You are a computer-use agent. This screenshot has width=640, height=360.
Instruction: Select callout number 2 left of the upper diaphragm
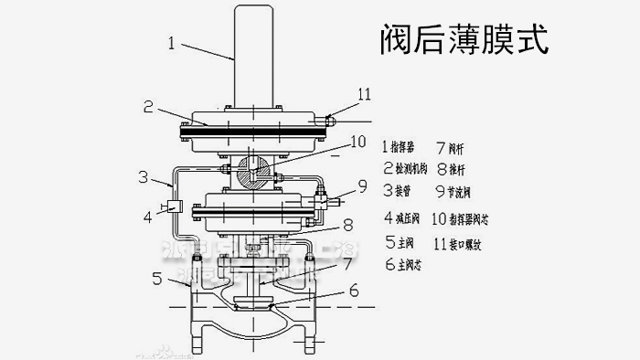pos(147,105)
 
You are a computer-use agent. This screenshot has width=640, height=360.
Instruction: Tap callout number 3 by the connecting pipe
pos(143,175)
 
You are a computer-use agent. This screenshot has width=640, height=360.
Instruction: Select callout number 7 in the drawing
pos(348,263)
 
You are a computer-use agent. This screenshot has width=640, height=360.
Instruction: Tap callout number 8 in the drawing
pos(349,222)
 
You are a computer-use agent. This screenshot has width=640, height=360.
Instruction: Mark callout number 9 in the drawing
pos(363,187)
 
